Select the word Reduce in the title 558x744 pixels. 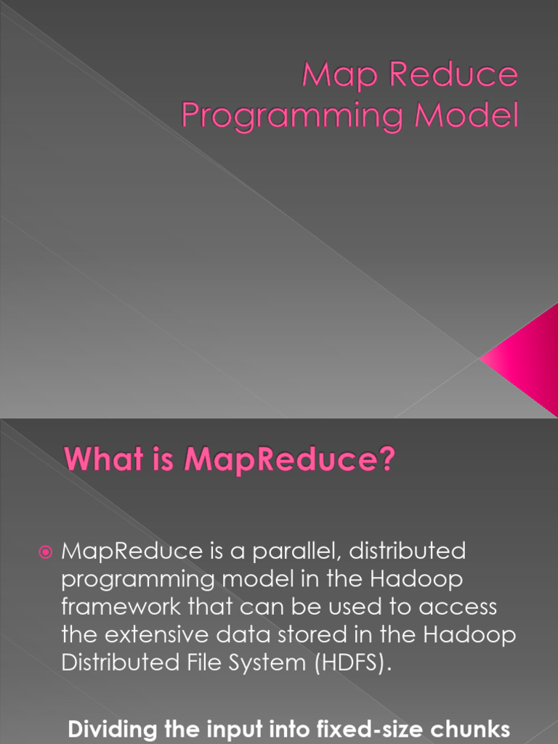click(x=453, y=74)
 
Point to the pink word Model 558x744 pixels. click(x=466, y=114)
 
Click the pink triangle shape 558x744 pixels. click(x=527, y=358)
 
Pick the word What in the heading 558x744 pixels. click(x=104, y=458)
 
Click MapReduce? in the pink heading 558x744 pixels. click(x=289, y=460)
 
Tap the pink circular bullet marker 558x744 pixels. click(x=46, y=552)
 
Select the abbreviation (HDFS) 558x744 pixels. click(x=353, y=663)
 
